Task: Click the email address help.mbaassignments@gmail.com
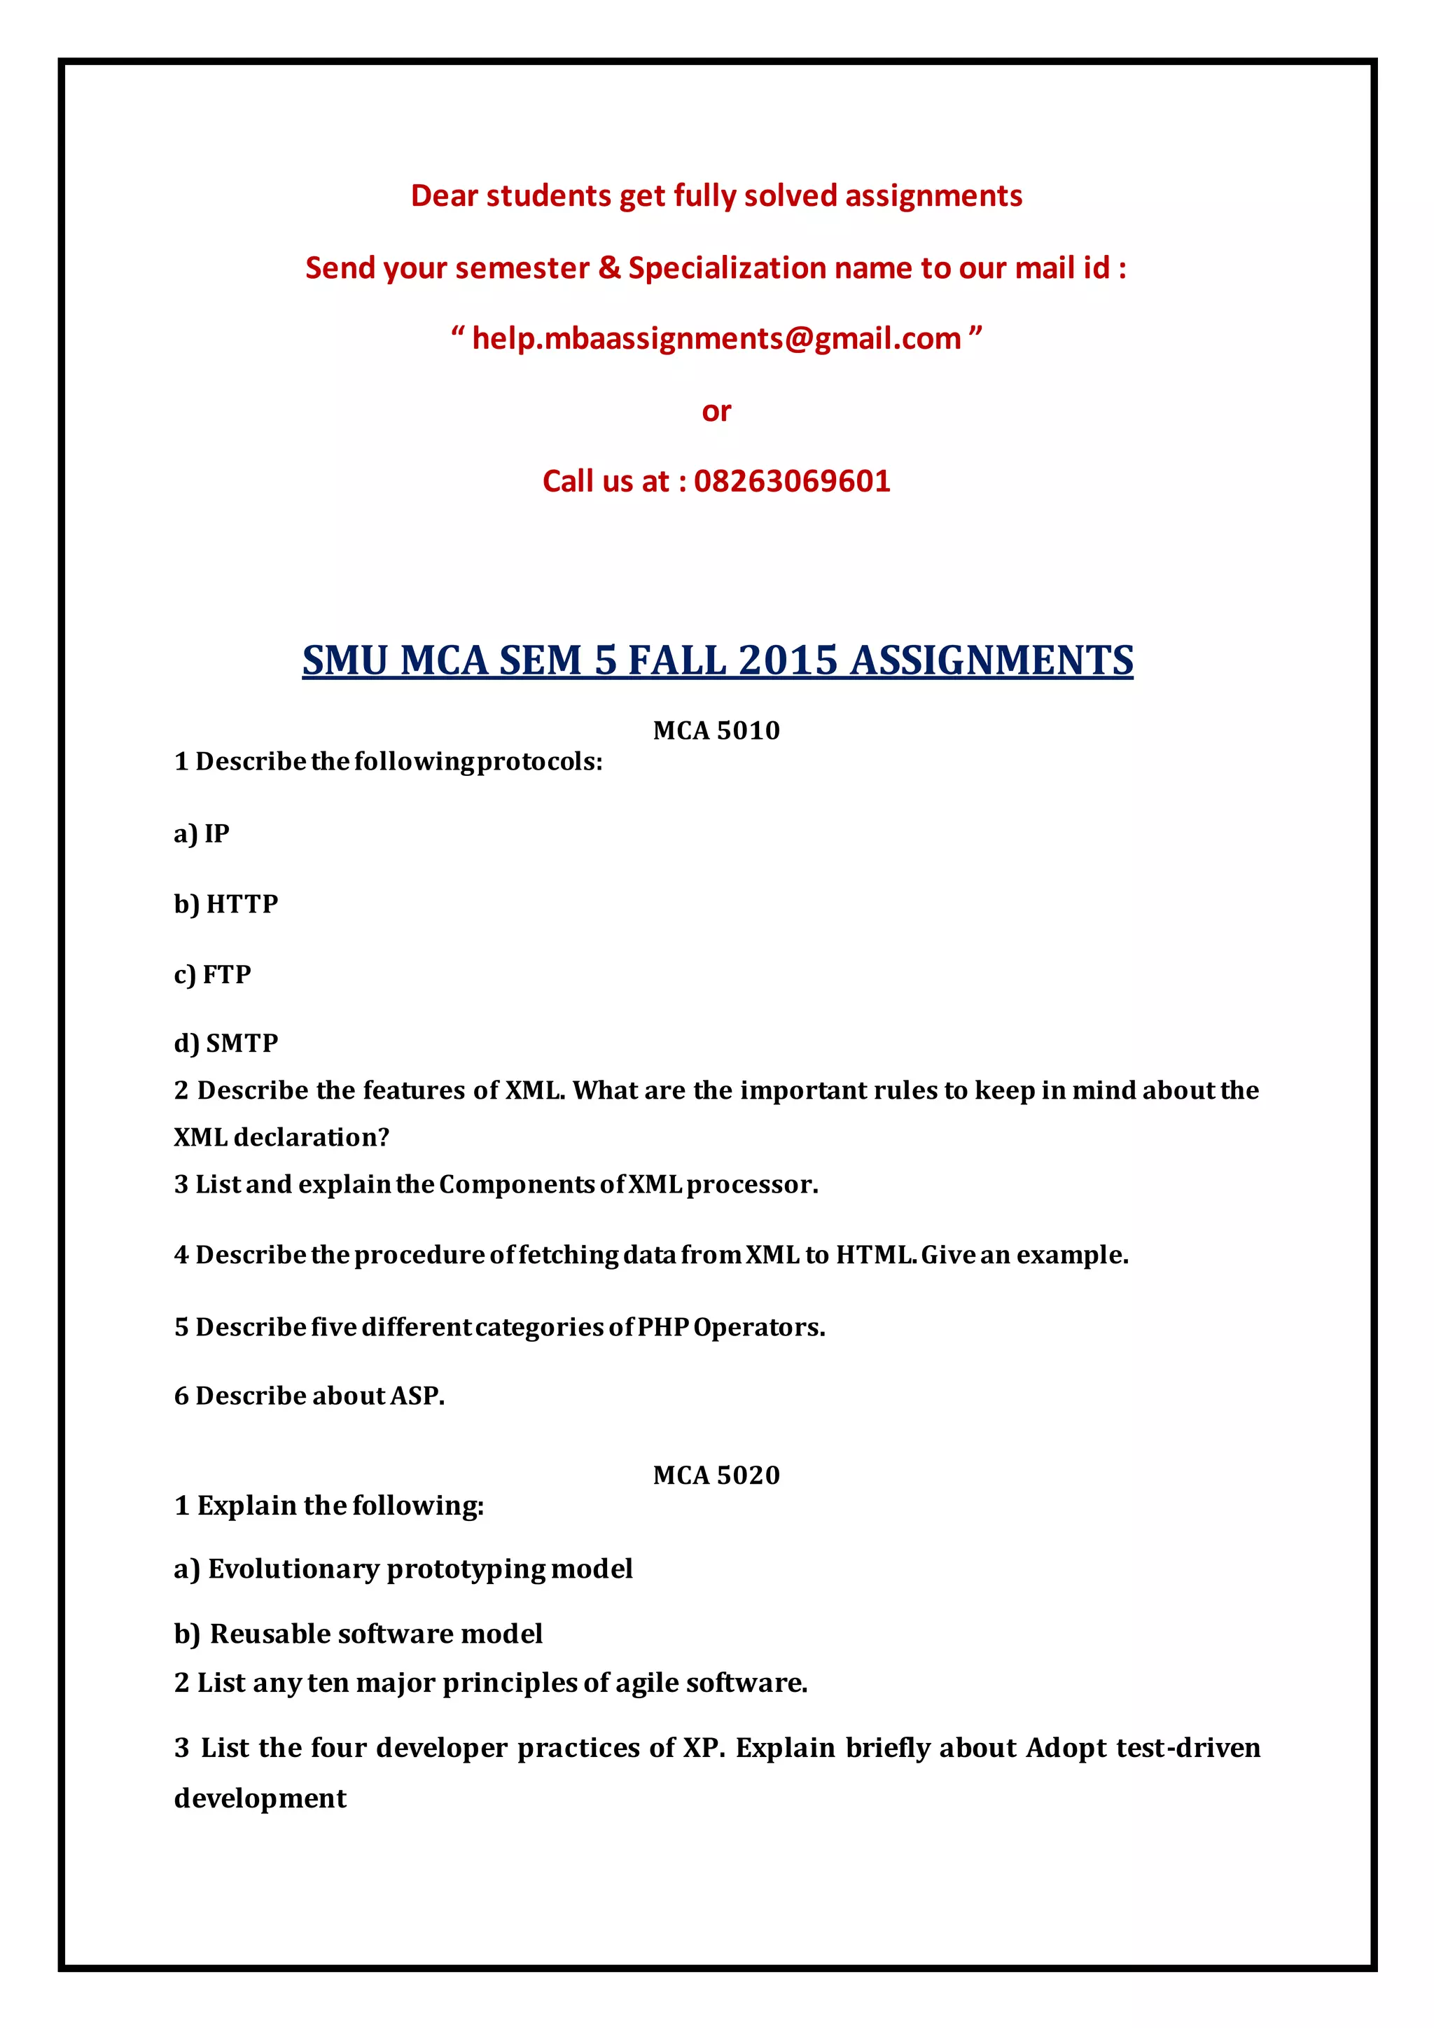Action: click(x=716, y=339)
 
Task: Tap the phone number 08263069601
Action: click(x=792, y=481)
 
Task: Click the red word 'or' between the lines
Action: click(x=716, y=412)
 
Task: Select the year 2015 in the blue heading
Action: click(x=787, y=660)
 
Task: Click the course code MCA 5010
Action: click(x=716, y=730)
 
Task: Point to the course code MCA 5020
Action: click(x=716, y=1475)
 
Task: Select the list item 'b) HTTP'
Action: click(x=226, y=903)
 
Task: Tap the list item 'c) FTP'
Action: click(x=213, y=974)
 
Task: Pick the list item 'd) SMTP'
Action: click(x=226, y=1043)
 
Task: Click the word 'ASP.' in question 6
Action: click(x=417, y=1396)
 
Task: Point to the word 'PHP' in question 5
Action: click(x=662, y=1327)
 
